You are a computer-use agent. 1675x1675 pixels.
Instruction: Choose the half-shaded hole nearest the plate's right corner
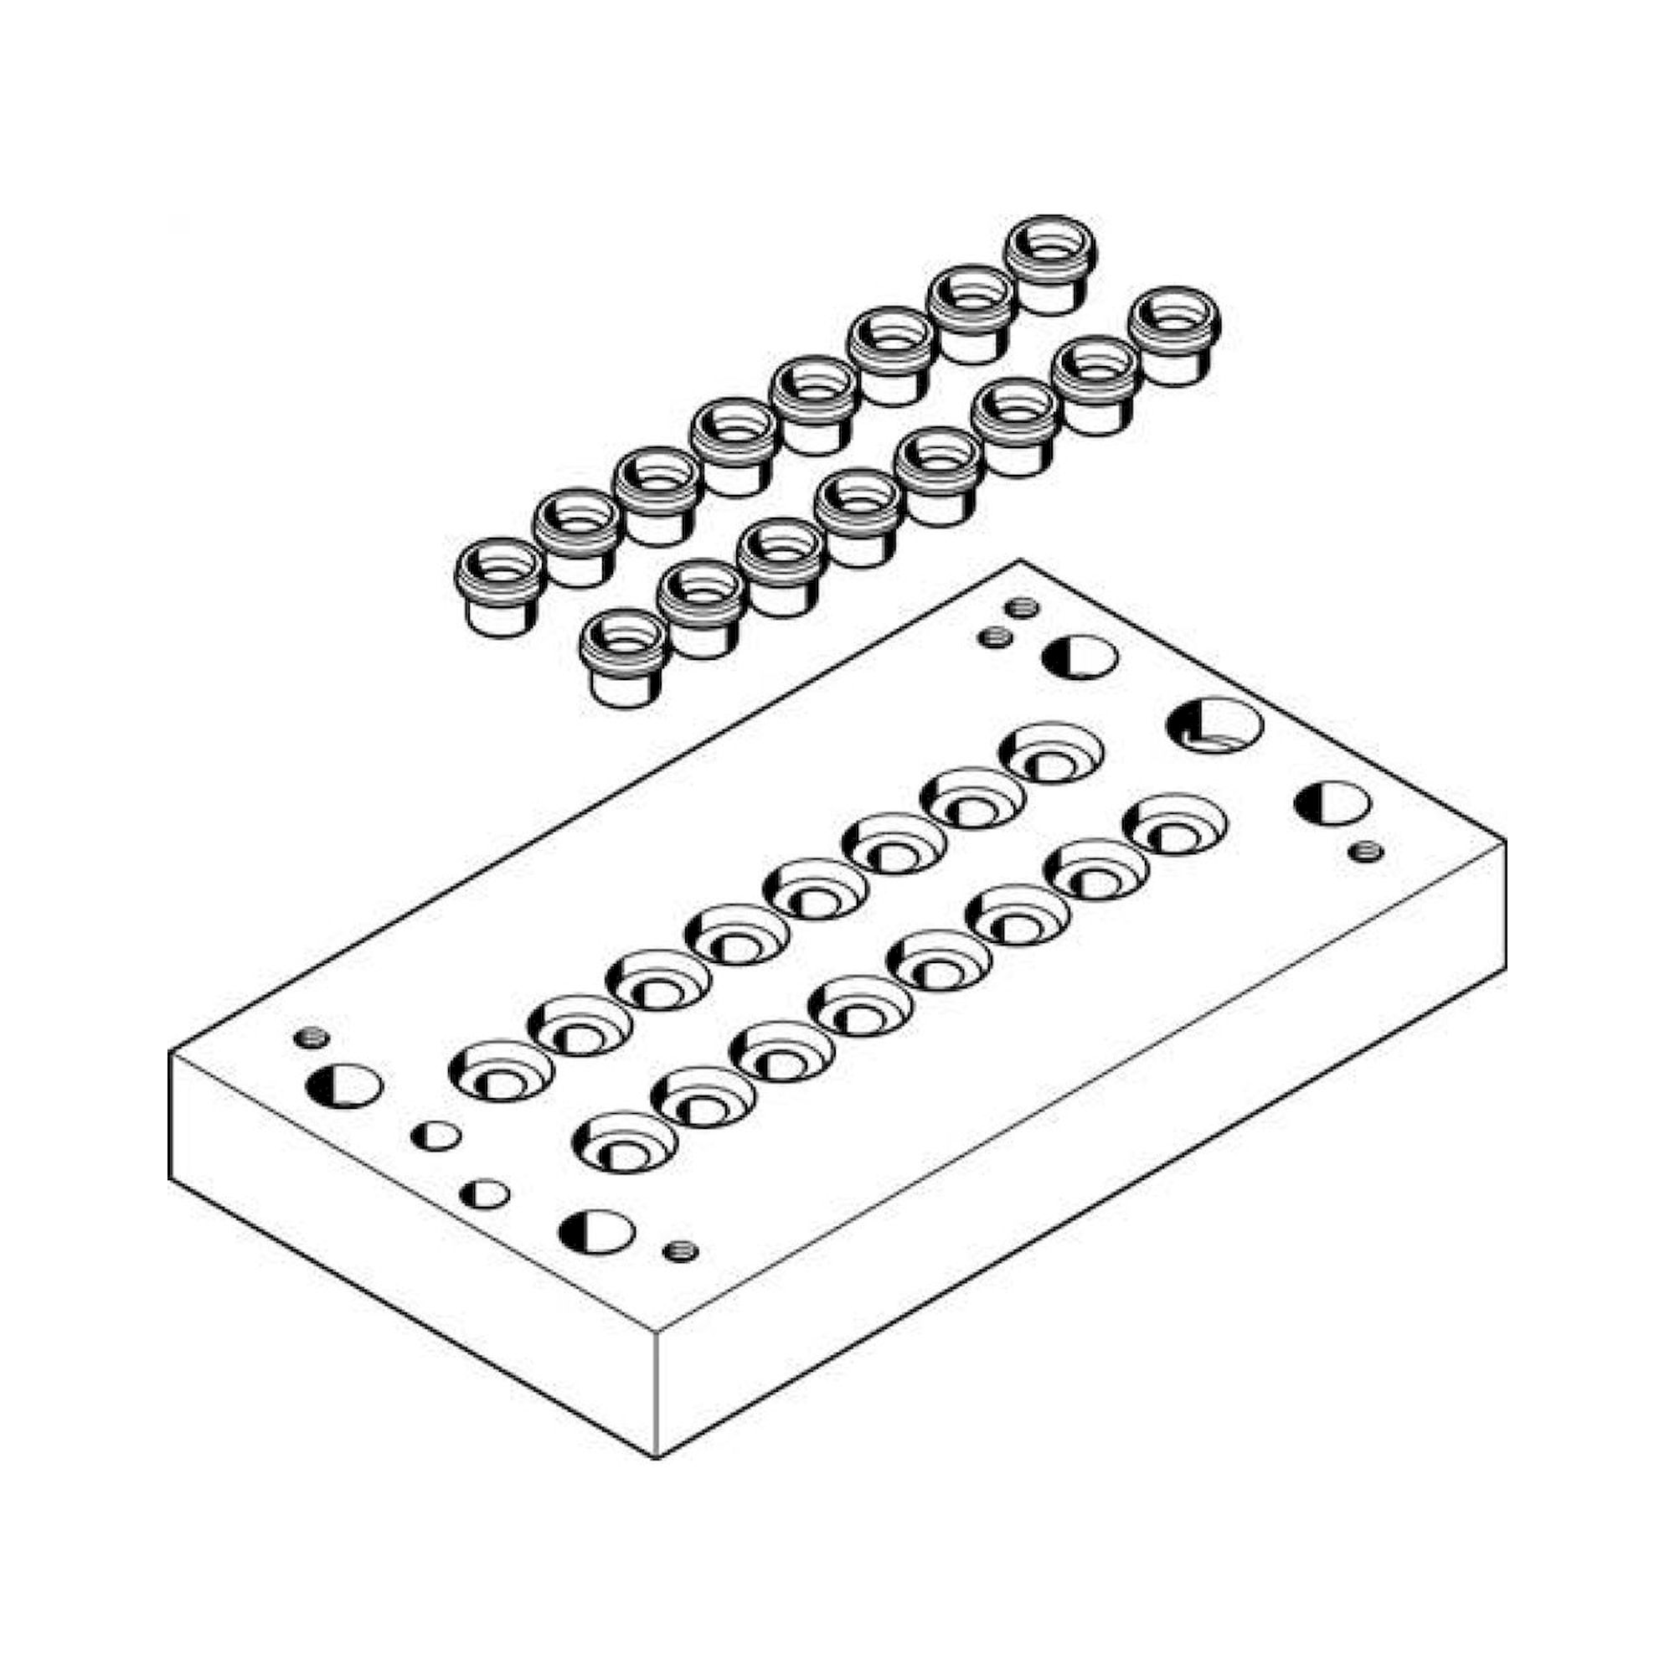[1332, 803]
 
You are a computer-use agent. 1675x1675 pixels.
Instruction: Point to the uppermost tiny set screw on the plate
[1024, 607]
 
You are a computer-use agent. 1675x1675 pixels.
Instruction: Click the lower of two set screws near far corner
[993, 638]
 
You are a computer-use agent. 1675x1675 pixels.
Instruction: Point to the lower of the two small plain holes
[485, 1193]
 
